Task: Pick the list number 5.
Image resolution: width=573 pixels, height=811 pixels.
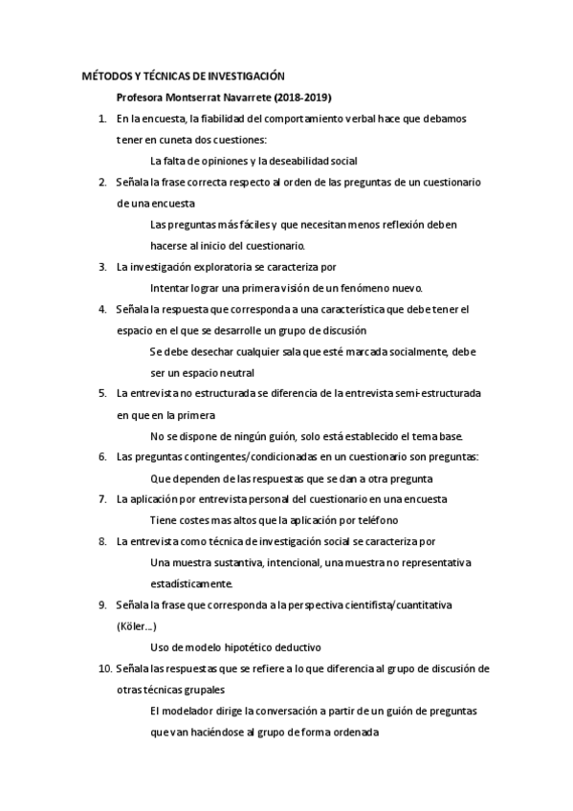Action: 102,393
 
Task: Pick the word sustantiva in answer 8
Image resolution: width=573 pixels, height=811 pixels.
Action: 234,561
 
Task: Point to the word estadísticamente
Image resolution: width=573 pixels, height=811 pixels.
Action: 191,582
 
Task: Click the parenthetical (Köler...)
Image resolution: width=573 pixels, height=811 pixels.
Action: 136,626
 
